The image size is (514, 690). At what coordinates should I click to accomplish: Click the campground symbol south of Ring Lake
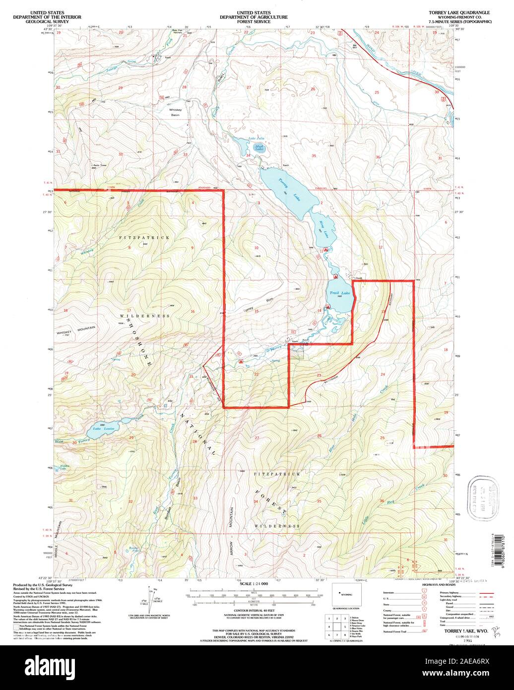pyautogui.click(x=325, y=249)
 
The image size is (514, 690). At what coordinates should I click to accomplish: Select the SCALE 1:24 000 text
pyautogui.click(x=254, y=584)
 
